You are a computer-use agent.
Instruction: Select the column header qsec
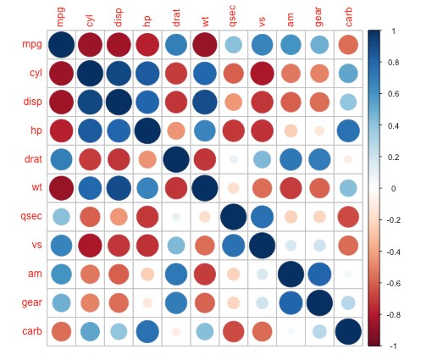(232, 17)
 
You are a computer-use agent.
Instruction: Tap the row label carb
(28, 330)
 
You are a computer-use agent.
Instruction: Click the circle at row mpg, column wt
(203, 45)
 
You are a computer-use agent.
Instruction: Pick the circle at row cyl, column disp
(118, 74)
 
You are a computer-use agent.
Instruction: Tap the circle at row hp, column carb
(346, 130)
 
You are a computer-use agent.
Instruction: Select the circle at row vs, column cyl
(89, 245)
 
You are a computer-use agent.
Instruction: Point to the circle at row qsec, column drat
(174, 216)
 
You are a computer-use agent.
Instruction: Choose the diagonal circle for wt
(203, 188)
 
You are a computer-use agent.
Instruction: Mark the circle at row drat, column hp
(147, 159)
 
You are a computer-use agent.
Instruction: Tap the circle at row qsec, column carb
(346, 216)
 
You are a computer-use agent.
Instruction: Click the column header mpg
(60, 16)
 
